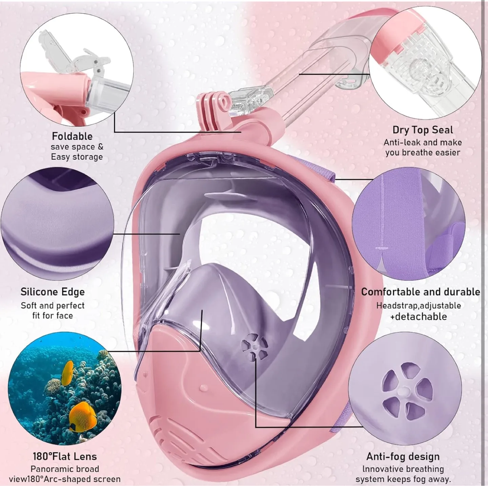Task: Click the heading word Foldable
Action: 72,136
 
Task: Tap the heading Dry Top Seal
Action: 423,130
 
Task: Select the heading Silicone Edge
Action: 53,292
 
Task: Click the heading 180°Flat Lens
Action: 65,456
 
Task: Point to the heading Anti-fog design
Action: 403,457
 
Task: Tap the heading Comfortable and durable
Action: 421,292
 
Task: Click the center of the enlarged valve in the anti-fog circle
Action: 402,392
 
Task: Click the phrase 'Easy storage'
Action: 77,157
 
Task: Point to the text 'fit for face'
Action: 53,316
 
